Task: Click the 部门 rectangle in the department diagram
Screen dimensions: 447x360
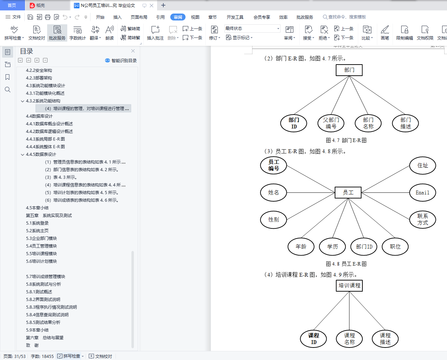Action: pos(349,70)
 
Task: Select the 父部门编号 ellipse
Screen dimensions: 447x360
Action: pos(331,123)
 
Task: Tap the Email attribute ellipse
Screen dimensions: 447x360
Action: pos(422,193)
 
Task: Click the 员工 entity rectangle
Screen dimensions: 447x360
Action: pos(348,193)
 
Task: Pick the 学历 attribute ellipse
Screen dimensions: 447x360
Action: pos(332,247)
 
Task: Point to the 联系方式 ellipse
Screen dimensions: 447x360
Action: pos(422,220)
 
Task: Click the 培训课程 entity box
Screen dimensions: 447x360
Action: pos(349,286)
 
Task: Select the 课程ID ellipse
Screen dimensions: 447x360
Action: pos(313,339)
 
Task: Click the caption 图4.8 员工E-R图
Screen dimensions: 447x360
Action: pos(346,264)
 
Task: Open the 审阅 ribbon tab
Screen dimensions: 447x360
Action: pos(178,17)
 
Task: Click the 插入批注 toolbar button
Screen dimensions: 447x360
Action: pos(155,33)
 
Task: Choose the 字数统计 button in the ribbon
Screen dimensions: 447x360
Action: pos(77,33)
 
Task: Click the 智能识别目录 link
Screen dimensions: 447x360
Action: pos(121,60)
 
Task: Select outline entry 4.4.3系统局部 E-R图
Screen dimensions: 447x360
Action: pos(45,139)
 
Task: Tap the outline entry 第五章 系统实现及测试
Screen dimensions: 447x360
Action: pos(49,216)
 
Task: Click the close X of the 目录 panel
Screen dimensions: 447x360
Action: pos(133,51)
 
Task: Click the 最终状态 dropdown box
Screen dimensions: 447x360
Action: pos(252,28)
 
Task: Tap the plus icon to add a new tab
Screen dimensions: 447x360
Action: pos(163,5)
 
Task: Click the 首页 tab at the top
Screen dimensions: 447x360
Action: pos(12,5)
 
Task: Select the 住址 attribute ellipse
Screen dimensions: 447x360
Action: pos(422,166)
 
